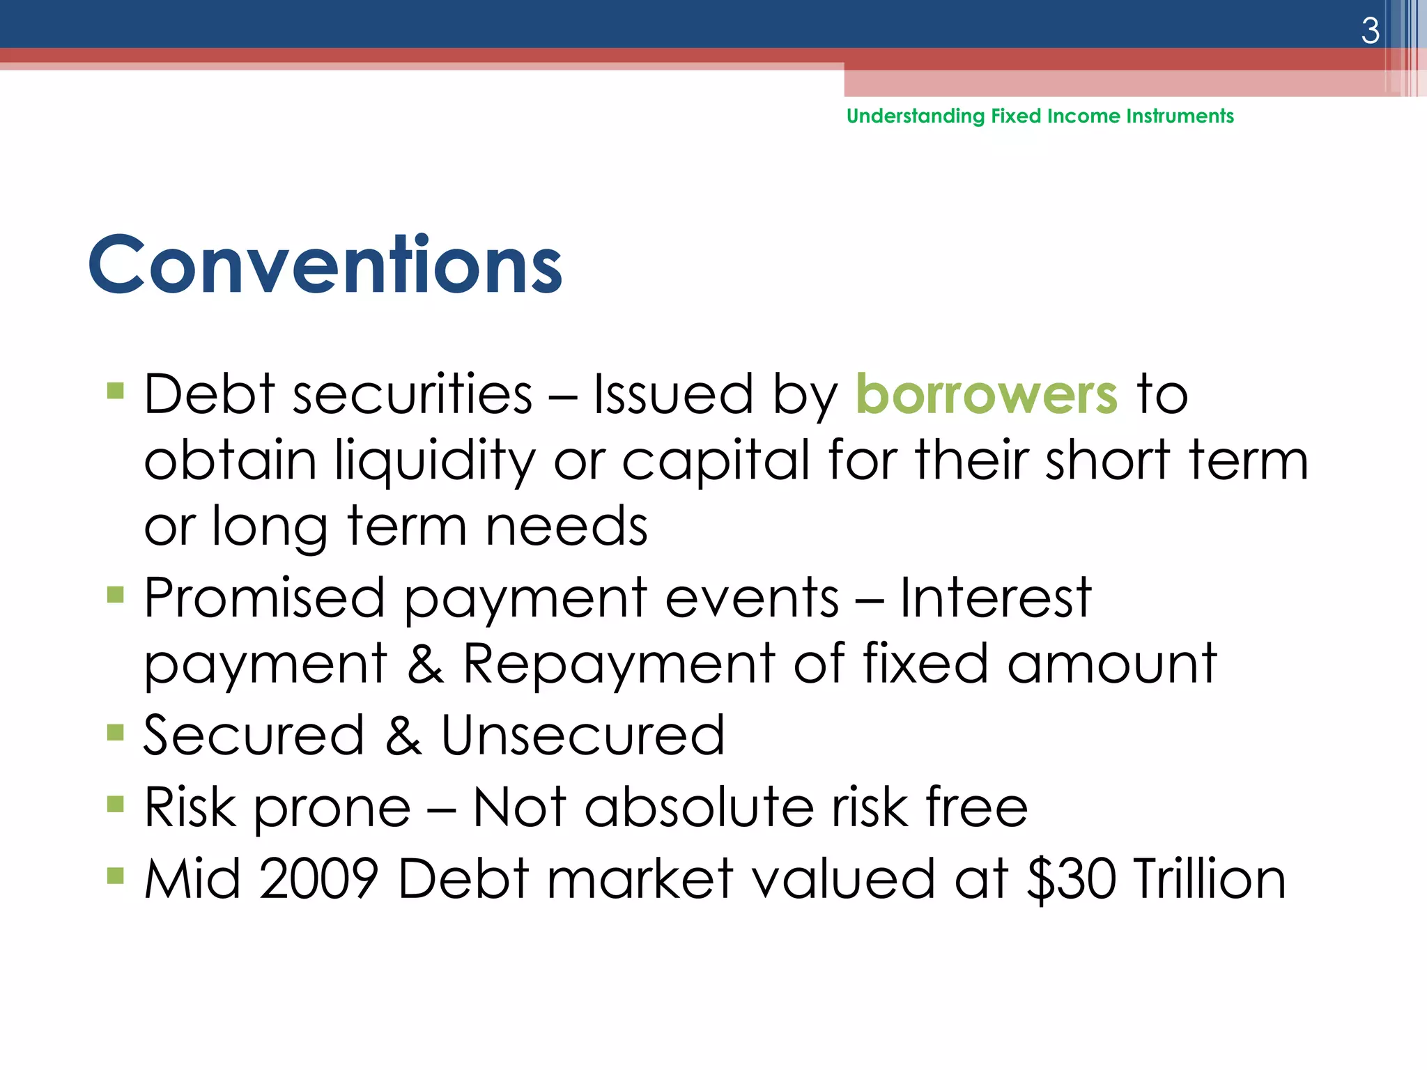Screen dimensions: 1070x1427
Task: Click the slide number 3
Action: click(x=1370, y=31)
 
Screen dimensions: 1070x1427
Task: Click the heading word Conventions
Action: click(x=325, y=265)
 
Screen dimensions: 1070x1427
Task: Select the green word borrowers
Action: click(x=986, y=394)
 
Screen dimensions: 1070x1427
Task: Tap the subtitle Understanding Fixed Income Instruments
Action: click(x=1040, y=116)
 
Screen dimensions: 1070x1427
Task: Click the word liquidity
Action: click(x=435, y=461)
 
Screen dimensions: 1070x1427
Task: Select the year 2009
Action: click(x=318, y=879)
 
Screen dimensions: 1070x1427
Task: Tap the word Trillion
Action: click(x=1209, y=879)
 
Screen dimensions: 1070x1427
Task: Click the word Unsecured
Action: click(x=583, y=736)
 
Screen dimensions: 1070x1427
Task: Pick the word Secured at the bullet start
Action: click(x=254, y=736)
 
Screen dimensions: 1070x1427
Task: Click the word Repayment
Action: click(x=619, y=663)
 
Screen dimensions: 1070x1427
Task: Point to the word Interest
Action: click(x=994, y=598)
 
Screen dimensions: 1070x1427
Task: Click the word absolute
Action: click(x=699, y=807)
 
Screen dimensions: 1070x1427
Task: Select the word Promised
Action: click(x=264, y=598)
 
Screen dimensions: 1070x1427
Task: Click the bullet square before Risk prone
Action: click(x=116, y=805)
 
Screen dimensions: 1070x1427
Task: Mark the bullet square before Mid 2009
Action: click(x=116, y=876)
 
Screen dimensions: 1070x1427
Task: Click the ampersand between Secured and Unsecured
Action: click(x=403, y=736)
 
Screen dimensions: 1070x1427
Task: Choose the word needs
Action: click(x=566, y=526)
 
